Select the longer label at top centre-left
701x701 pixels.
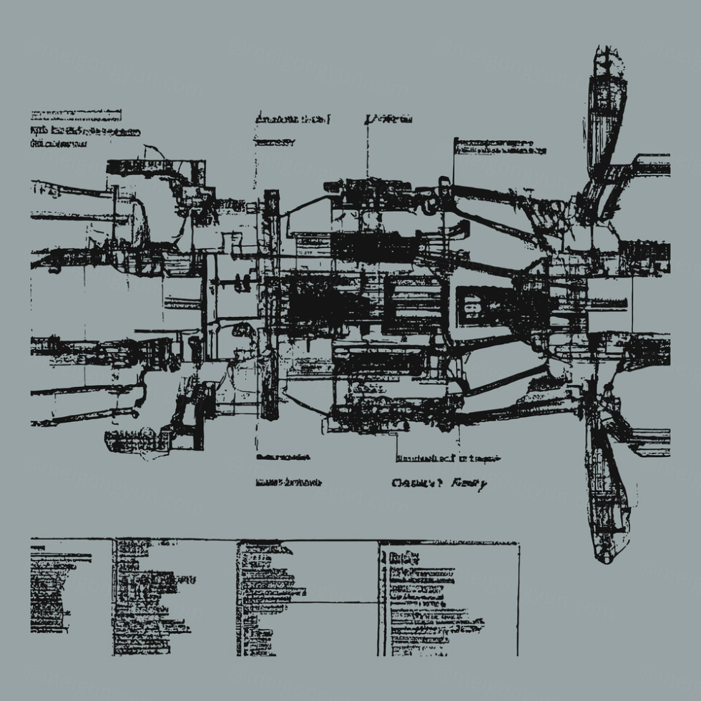[293, 119]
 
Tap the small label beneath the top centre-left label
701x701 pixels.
[275, 142]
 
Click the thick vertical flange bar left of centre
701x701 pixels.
[270, 304]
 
